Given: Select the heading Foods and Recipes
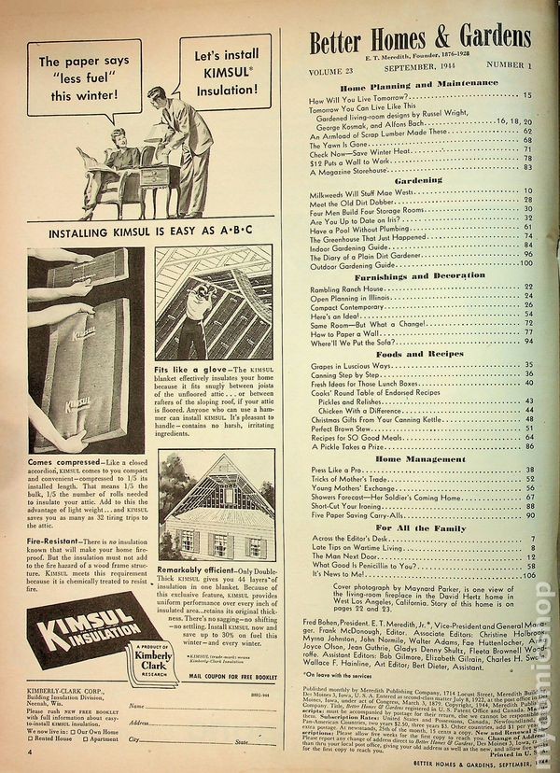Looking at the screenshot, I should [x=417, y=354].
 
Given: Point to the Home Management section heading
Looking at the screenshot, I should [x=417, y=459].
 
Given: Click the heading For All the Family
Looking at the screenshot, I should [x=417, y=529].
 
